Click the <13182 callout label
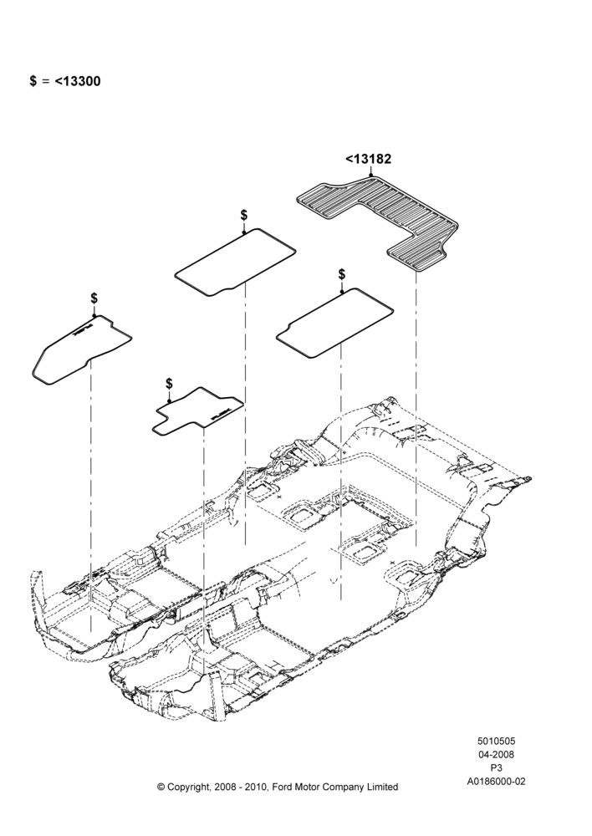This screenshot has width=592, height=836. pos(368,159)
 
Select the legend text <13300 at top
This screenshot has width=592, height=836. pos(77,81)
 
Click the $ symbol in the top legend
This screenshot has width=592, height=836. pos(33,81)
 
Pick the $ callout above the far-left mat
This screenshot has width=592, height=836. pos(94,298)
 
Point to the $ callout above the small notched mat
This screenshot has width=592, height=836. pos(169,384)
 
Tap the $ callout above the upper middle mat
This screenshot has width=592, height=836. pos(243,215)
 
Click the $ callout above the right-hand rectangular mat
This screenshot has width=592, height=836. pos(341,274)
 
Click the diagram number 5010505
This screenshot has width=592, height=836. pos(496,741)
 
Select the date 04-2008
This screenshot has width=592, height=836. pos(496,754)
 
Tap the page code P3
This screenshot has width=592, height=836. pos(496,767)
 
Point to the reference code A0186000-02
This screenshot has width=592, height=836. pos(496,782)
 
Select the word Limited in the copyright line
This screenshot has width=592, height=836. pos(382,787)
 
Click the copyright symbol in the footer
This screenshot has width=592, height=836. pos(161,787)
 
